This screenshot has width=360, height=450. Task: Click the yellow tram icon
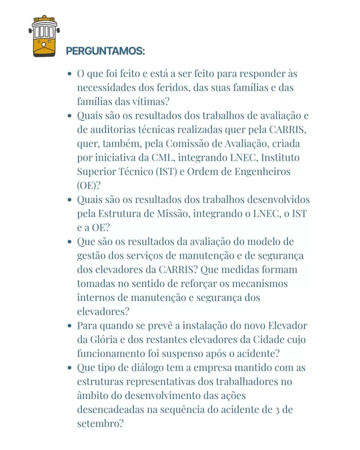point(44,36)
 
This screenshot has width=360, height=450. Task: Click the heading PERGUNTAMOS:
point(105,51)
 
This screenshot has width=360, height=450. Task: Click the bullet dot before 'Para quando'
point(69,326)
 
